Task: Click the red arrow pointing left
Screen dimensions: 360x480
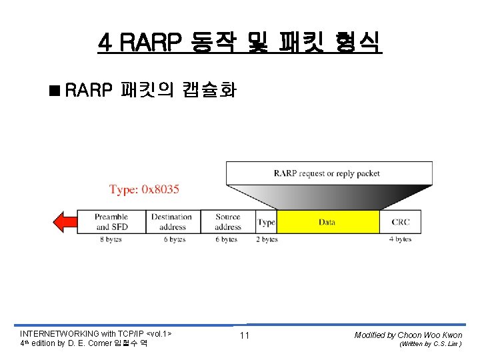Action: tap(65, 222)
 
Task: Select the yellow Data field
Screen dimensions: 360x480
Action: tap(327, 222)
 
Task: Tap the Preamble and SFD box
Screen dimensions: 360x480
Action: tap(111, 222)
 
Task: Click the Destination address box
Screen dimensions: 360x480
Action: tap(171, 222)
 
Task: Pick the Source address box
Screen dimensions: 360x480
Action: tap(228, 222)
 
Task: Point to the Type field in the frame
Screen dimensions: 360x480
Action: tap(267, 222)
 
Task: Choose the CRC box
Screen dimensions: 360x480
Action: tap(401, 222)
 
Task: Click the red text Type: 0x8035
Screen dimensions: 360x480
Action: tap(144, 190)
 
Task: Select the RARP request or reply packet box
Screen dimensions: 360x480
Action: tap(327, 173)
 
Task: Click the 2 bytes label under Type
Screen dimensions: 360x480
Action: tap(267, 239)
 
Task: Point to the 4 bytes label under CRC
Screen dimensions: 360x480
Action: tap(401, 239)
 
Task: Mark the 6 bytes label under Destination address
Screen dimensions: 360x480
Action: tap(174, 239)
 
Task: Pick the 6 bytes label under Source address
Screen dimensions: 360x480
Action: tap(226, 239)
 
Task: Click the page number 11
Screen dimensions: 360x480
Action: tap(244, 335)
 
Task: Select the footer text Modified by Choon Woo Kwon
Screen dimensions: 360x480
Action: tap(408, 335)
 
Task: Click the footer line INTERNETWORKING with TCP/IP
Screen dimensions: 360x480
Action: tap(96, 333)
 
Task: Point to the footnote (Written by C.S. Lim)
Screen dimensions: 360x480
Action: tap(429, 344)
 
